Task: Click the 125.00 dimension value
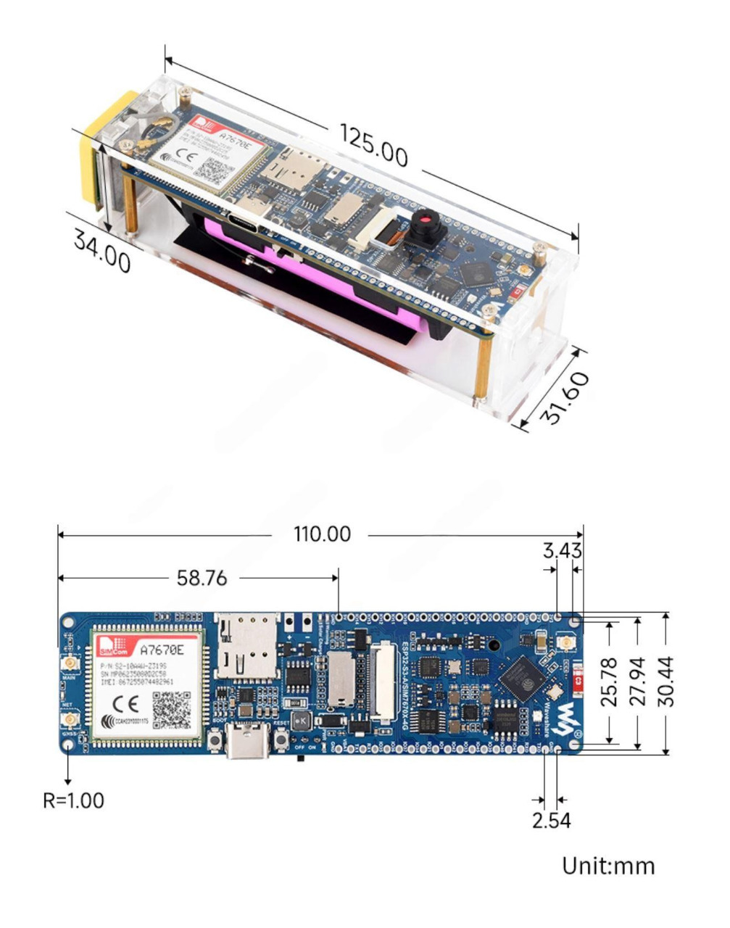pyautogui.click(x=373, y=145)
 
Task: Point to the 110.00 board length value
pyautogui.click(x=322, y=534)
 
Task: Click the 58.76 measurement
pyautogui.click(x=202, y=578)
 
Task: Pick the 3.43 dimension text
pyautogui.click(x=563, y=551)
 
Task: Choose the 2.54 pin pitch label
pyautogui.click(x=551, y=821)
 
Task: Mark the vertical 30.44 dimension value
pyautogui.click(x=665, y=681)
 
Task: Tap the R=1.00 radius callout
pyautogui.click(x=73, y=800)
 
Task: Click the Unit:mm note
pyautogui.click(x=608, y=866)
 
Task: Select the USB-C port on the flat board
pyautogui.click(x=248, y=741)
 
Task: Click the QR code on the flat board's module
pyautogui.click(x=173, y=709)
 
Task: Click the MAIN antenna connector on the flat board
pyautogui.click(x=70, y=665)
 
